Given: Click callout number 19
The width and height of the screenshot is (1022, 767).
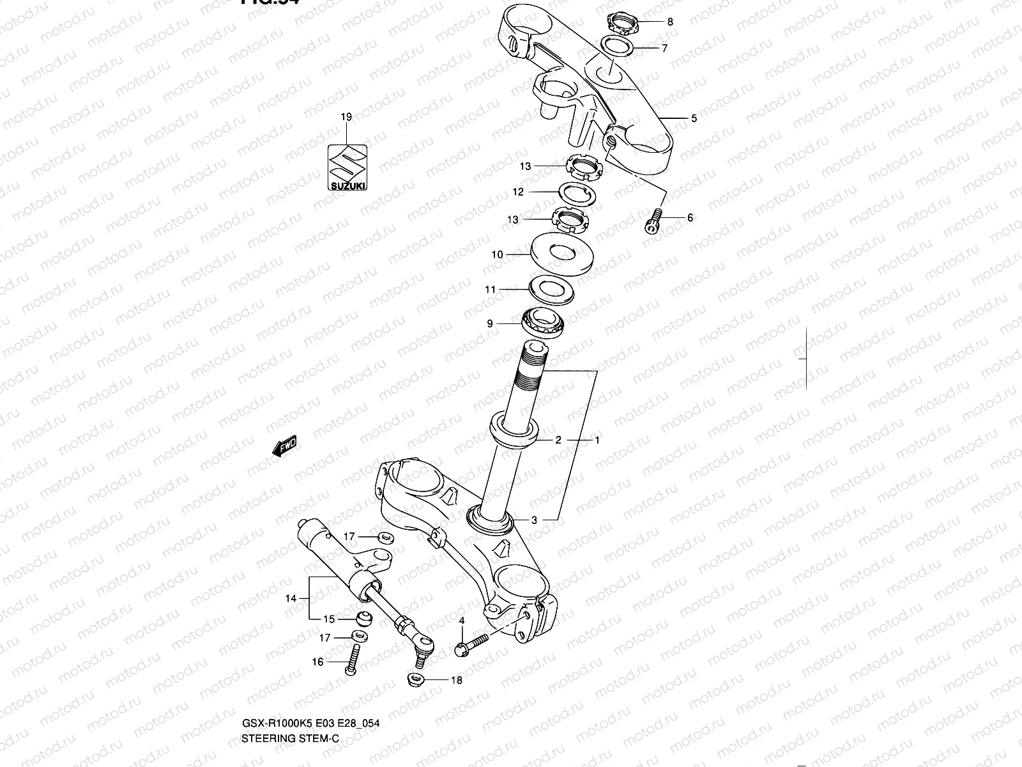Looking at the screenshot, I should click(346, 117).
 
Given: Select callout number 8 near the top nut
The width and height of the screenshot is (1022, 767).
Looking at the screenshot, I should click(669, 22).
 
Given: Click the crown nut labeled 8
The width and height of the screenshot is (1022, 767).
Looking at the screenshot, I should click(620, 25).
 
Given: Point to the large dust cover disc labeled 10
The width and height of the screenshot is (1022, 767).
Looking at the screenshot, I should click(562, 254).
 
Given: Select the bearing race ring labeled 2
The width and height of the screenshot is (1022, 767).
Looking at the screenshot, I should click(513, 433).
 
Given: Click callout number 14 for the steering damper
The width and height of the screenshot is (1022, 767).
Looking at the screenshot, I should click(291, 598).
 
